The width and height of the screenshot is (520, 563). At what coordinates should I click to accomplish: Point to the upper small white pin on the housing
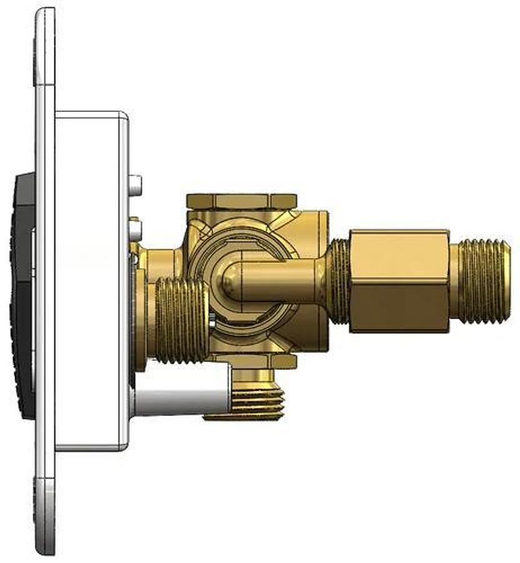[x=135, y=183]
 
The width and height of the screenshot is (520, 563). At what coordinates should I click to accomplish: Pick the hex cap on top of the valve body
[x=241, y=201]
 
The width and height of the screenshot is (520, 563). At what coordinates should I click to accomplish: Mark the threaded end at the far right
[x=485, y=281]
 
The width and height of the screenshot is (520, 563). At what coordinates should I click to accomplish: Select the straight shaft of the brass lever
[x=281, y=281]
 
